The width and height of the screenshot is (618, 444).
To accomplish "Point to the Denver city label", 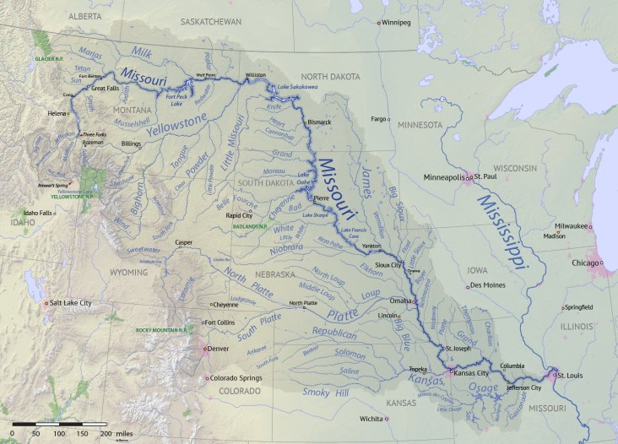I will pos(218,348).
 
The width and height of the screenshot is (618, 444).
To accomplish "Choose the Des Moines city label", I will pos(487,284).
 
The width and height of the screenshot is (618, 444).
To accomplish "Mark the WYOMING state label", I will pos(129,273).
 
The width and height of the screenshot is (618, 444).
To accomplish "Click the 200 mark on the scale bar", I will pos(106,432).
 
